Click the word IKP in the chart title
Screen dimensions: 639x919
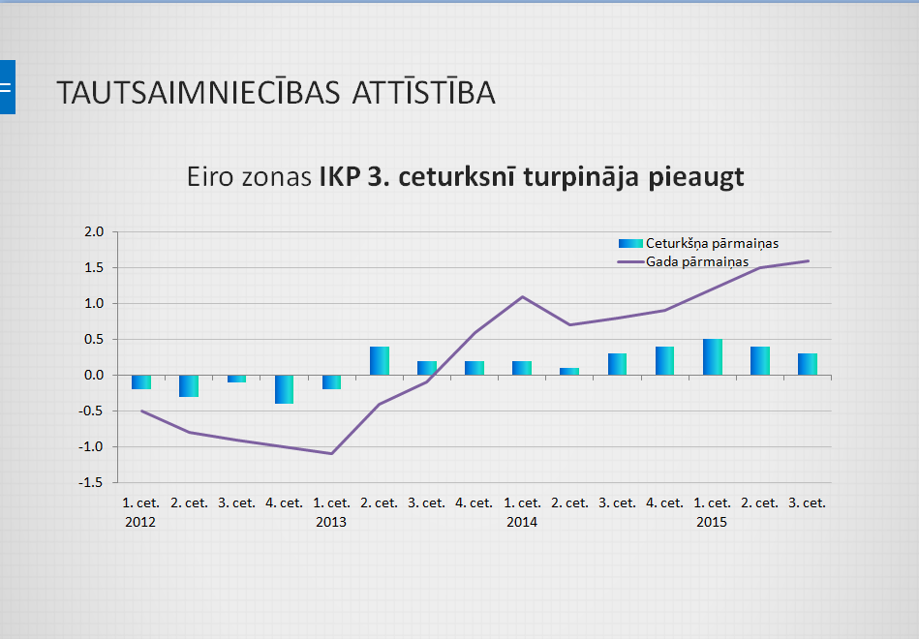pos(340,177)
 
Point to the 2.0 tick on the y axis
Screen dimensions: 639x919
pos(94,232)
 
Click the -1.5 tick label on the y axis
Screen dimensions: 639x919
pos(92,482)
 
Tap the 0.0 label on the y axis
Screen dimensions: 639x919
pos(94,376)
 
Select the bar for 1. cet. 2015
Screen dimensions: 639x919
pos(713,357)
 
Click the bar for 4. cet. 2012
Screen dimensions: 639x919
pos(284,389)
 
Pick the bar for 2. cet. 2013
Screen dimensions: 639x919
pos(379,361)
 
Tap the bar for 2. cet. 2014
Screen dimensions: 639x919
pos(569,372)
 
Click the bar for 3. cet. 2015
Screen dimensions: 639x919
pos(808,364)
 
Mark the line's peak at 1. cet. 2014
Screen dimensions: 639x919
pos(522,297)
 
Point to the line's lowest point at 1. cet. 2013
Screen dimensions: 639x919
pos(332,453)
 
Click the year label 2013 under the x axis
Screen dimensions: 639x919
pos(331,522)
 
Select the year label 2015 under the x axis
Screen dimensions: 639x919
pos(712,522)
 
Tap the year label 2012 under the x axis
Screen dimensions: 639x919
pos(140,522)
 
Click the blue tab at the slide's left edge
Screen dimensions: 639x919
pos(7,87)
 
